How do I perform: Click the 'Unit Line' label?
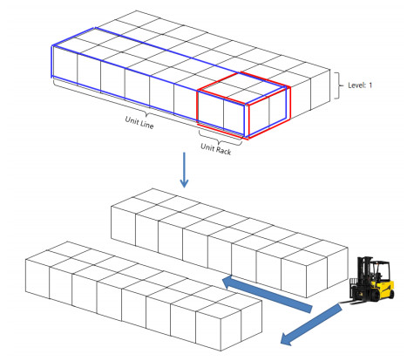(139, 122)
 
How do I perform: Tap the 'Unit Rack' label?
(216, 149)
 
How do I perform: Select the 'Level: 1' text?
(360, 85)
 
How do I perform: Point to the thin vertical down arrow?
(184, 170)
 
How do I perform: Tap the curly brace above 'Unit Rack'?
(221, 139)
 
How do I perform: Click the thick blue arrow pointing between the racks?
(267, 294)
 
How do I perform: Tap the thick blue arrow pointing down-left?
(311, 324)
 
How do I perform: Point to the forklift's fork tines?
(350, 303)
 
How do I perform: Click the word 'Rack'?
(223, 151)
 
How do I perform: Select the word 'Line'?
(146, 124)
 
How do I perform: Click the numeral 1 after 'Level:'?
(370, 85)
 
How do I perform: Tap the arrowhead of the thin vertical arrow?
(184, 183)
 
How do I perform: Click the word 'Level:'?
(356, 85)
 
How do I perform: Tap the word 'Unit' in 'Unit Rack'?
(207, 146)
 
